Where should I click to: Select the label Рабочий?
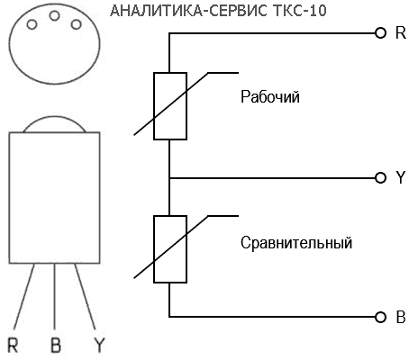coord(270,97)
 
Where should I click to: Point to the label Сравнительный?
coord(296,243)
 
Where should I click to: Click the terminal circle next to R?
coord(380,32)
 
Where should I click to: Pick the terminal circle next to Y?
coord(380,178)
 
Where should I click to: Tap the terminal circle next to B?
coord(380,317)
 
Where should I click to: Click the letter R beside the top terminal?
coord(401,32)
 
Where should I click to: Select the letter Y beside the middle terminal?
coord(401,177)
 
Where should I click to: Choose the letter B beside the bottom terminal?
coord(401,317)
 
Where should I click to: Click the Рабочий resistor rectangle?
coord(170,106)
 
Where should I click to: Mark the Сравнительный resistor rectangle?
coord(170,249)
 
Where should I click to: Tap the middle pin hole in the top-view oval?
coord(54,15)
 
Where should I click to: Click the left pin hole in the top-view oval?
coord(32,24)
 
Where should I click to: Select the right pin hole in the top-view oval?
coord(77,24)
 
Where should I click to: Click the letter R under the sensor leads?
coord(13,346)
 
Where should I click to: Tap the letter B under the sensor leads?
coord(56,346)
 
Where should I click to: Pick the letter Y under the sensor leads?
coord(99,346)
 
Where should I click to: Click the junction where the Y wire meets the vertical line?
coord(169,178)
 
